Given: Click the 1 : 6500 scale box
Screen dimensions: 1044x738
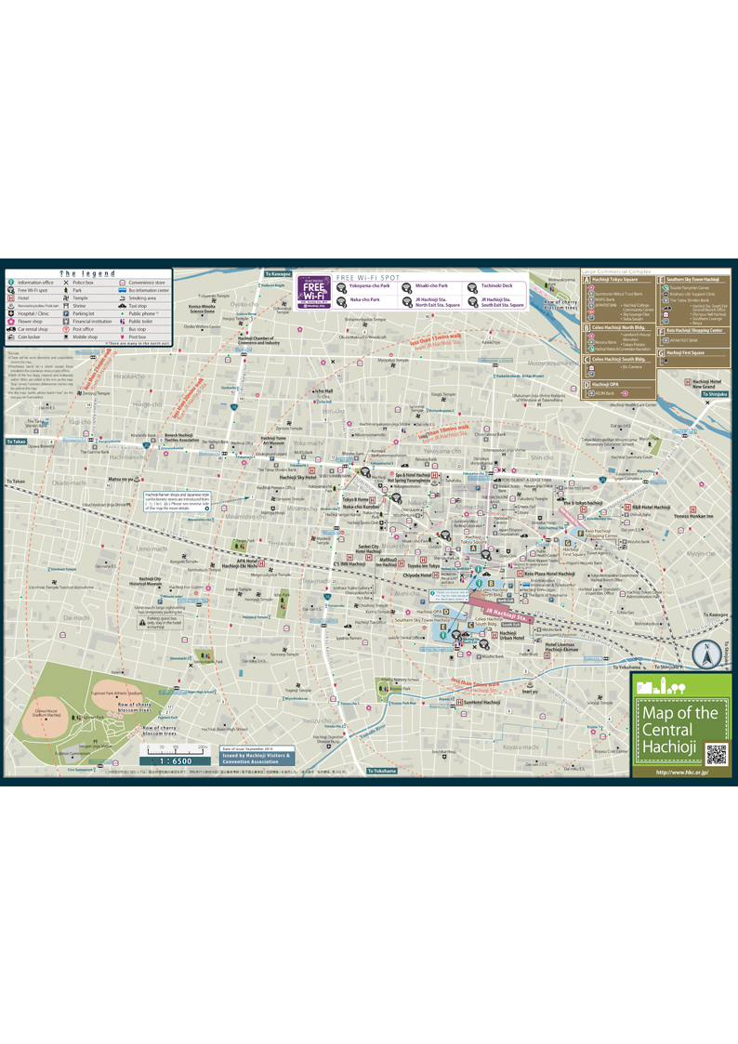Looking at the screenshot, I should coord(175,760).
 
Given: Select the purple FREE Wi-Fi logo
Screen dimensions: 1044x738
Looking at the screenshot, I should coord(314,291).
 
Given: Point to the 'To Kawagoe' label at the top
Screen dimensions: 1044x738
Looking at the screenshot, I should coord(279,274).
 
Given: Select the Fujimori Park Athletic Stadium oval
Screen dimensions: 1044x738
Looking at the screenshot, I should coord(124,692).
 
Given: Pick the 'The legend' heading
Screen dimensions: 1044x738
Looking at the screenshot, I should coord(87,273).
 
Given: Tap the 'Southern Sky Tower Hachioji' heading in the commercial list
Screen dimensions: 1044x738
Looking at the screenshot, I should coord(692,279).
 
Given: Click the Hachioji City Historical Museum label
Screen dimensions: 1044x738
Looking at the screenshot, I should coord(151,581).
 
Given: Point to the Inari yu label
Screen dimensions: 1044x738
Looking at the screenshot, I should coord(529,691).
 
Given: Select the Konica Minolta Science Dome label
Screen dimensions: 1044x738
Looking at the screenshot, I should coord(203,310).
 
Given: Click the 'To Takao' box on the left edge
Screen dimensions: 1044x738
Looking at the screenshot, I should coord(17,442).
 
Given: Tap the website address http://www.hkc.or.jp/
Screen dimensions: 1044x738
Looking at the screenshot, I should coord(681,772).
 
